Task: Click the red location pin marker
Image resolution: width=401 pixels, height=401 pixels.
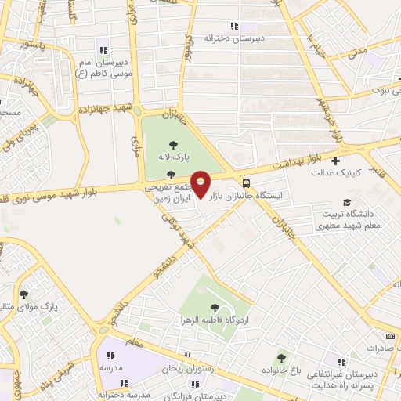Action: [201, 185]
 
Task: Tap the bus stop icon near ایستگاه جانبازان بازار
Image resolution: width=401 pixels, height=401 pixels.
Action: [247, 177]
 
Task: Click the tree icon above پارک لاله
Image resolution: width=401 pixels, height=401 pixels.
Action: [172, 143]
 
